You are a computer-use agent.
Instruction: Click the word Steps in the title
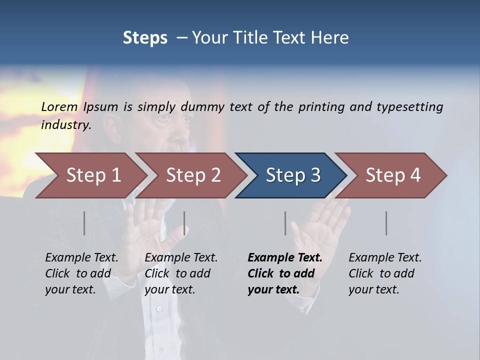pyautogui.click(x=145, y=38)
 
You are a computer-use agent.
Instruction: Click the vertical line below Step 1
pyautogui.click(x=84, y=223)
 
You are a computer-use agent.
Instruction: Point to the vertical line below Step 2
pyautogui.click(x=184, y=223)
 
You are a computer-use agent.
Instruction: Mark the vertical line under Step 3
pyautogui.click(x=285, y=223)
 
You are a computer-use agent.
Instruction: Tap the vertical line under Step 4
pyautogui.click(x=386, y=223)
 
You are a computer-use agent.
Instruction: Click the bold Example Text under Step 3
pyautogui.click(x=285, y=258)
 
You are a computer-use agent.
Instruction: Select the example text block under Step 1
pyautogui.click(x=81, y=273)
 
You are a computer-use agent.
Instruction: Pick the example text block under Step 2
pyautogui.click(x=181, y=273)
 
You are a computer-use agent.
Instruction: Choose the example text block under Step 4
pyautogui.click(x=385, y=273)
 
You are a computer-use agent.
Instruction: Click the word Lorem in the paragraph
pyautogui.click(x=59, y=107)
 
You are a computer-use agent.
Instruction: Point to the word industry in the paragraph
pyautogui.click(x=65, y=125)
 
